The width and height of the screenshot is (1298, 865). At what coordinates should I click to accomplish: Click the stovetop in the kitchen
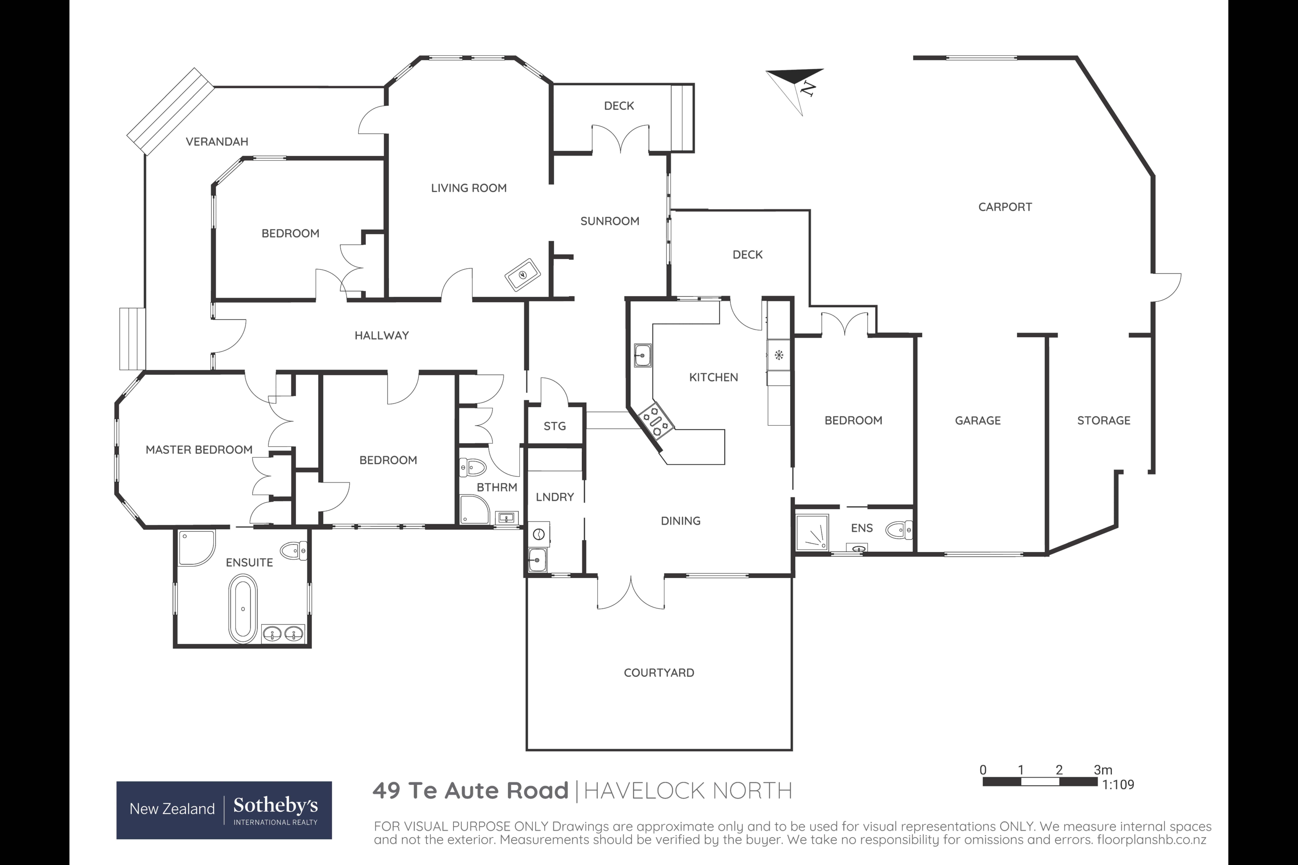[x=656, y=420]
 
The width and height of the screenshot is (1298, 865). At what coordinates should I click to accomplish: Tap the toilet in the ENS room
[x=898, y=530]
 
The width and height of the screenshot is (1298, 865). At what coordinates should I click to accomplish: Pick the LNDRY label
[x=555, y=497]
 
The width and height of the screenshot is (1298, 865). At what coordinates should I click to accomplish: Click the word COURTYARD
[x=659, y=672]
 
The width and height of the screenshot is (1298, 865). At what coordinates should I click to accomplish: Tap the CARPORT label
[x=1004, y=207]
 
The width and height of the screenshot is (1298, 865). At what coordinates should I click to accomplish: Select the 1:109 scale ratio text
[x=1118, y=784]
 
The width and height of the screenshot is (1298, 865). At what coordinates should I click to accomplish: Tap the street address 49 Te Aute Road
[x=470, y=791]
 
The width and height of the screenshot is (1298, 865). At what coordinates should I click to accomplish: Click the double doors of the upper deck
[x=620, y=138]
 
